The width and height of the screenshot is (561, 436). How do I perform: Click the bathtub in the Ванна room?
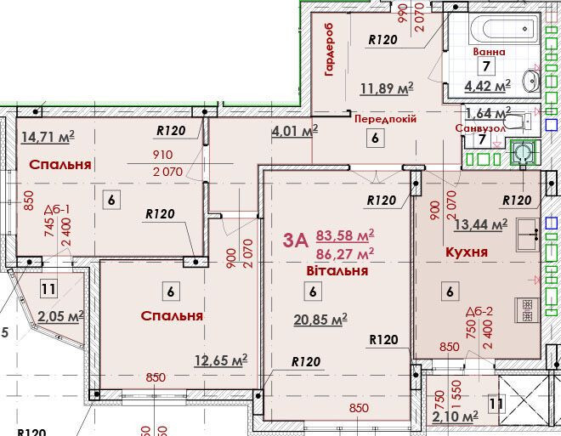coord(505,29)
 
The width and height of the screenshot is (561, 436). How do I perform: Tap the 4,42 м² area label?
coord(487,86)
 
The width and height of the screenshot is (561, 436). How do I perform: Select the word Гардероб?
coord(329,49)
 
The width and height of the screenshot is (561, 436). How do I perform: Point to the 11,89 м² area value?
coord(387,88)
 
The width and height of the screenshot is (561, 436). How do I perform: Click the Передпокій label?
coord(385,119)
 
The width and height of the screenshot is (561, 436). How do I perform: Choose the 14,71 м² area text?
coord(48,137)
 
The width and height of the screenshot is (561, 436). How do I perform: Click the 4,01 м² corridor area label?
coord(295,131)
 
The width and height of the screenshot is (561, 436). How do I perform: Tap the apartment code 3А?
coord(295,241)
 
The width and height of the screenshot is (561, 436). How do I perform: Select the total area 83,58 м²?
coord(345,236)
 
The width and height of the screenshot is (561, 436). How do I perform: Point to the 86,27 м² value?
coord(345,254)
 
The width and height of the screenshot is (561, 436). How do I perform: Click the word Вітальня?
coord(337,271)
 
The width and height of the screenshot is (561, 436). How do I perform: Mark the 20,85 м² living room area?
coord(320,320)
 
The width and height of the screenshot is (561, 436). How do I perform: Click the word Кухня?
coord(467,252)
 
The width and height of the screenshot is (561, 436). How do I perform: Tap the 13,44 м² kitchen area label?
coord(480,224)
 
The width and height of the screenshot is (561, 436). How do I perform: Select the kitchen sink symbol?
coord(527,234)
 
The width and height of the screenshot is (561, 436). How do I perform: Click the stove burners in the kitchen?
coord(527,310)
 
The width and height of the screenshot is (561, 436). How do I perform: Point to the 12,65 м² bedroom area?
coord(221,360)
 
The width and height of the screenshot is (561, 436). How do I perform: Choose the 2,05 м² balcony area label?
coord(61,316)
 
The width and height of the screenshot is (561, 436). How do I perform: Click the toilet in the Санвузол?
coord(520,122)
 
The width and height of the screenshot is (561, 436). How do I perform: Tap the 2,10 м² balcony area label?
coord(455,416)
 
